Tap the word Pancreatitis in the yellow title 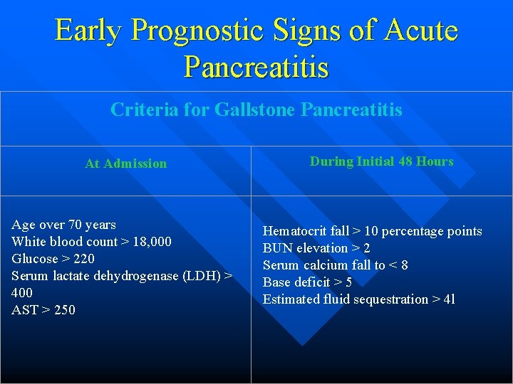click(256, 68)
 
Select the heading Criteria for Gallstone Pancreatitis click(256, 110)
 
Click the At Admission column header click(125, 164)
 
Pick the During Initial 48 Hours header click(381, 161)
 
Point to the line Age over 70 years click(63, 225)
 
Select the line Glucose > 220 click(53, 259)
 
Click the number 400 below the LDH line click(22, 293)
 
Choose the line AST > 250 click(43, 310)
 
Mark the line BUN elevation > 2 click(316, 248)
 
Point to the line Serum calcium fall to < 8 click(336, 265)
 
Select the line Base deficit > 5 click(307, 282)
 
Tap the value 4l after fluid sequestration click(449, 299)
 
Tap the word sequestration click(390, 299)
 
